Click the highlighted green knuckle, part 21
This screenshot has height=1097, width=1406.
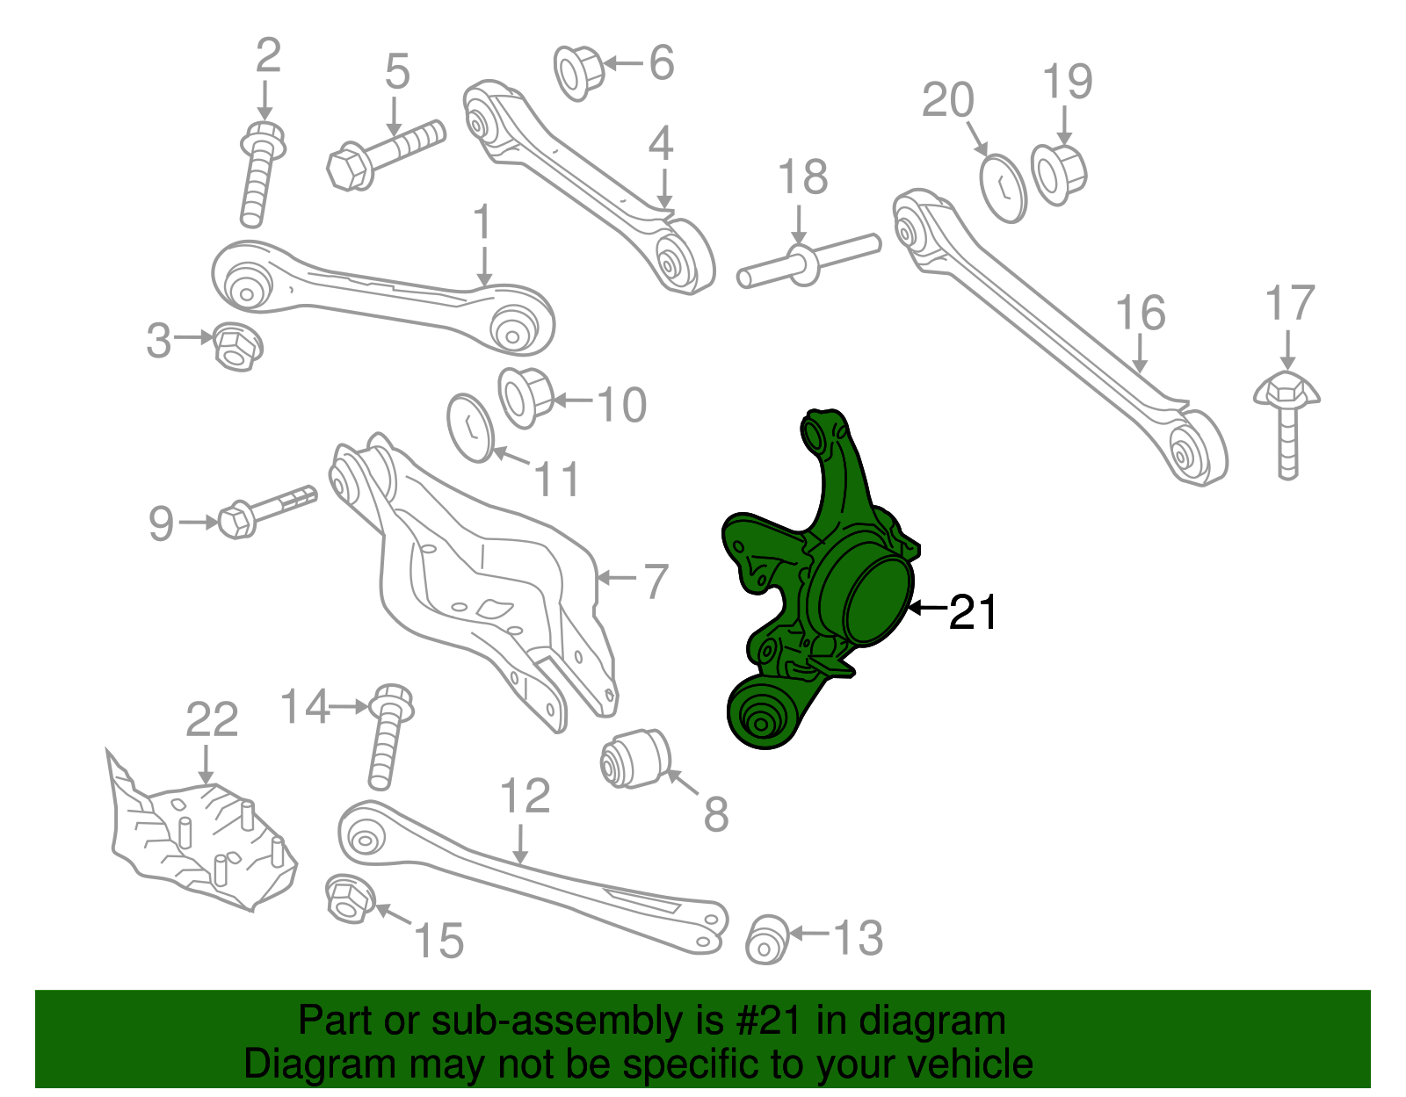(821, 581)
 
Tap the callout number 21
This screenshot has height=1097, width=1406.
(973, 612)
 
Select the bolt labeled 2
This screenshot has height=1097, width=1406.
(261, 174)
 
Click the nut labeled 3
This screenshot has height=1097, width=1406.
(237, 346)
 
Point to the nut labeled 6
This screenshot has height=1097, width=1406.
(578, 72)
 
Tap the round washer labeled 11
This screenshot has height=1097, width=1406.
(470, 428)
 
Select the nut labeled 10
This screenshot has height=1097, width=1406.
(526, 397)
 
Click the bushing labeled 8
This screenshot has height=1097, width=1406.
(635, 758)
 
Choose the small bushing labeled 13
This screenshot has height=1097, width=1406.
(766, 939)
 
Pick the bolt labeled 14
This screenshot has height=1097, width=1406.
(389, 736)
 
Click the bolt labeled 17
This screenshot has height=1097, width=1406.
(1287, 425)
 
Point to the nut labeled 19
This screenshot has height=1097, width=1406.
(1059, 174)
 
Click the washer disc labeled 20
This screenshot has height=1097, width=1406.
(1004, 189)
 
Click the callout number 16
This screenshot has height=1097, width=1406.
(1140, 313)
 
